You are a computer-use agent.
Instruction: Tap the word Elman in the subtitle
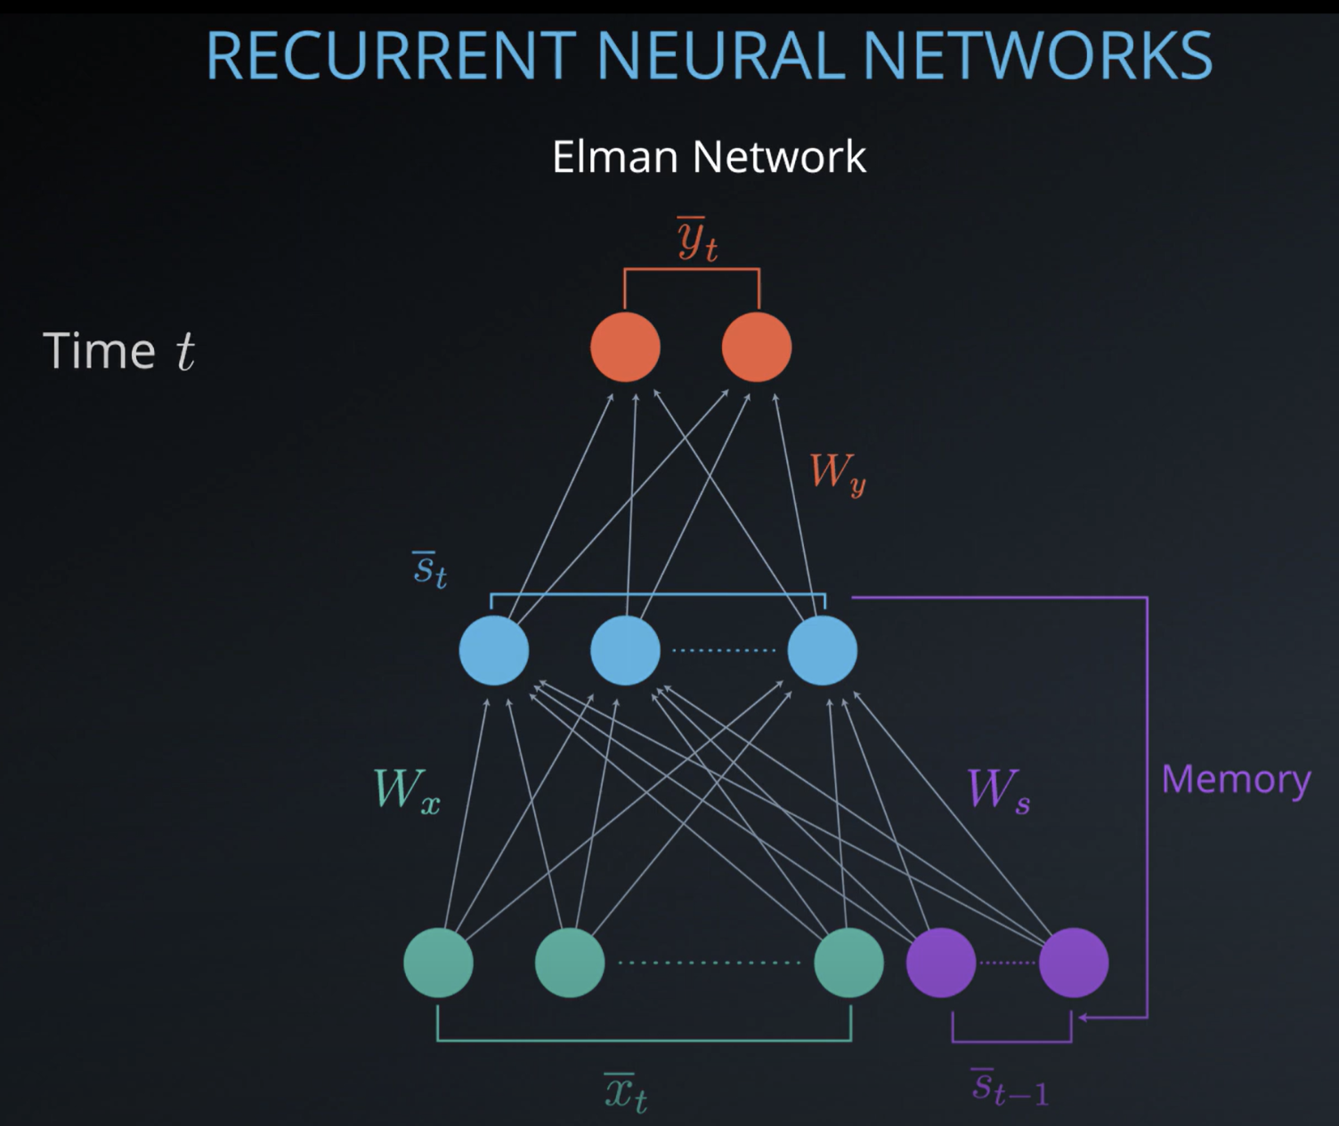coord(615,157)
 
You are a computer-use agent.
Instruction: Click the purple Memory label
coord(1236,780)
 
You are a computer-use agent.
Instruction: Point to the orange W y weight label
coord(837,473)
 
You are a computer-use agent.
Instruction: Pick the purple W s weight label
coord(998,790)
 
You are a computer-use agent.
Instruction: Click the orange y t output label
coord(696,240)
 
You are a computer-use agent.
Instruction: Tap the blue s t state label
coord(429,569)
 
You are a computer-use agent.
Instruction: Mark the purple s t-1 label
coord(1010,1087)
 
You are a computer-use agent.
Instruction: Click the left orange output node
coord(625,347)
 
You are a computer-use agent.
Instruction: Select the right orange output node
coord(757,347)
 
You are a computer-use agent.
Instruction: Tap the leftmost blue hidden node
coord(494,650)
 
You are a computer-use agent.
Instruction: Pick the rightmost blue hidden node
coord(823,650)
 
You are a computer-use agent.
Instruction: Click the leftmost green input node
coord(438,963)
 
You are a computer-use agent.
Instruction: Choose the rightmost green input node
coord(849,963)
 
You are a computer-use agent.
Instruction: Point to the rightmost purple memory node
coord(1074,963)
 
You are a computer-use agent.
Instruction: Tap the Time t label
coord(118,351)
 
